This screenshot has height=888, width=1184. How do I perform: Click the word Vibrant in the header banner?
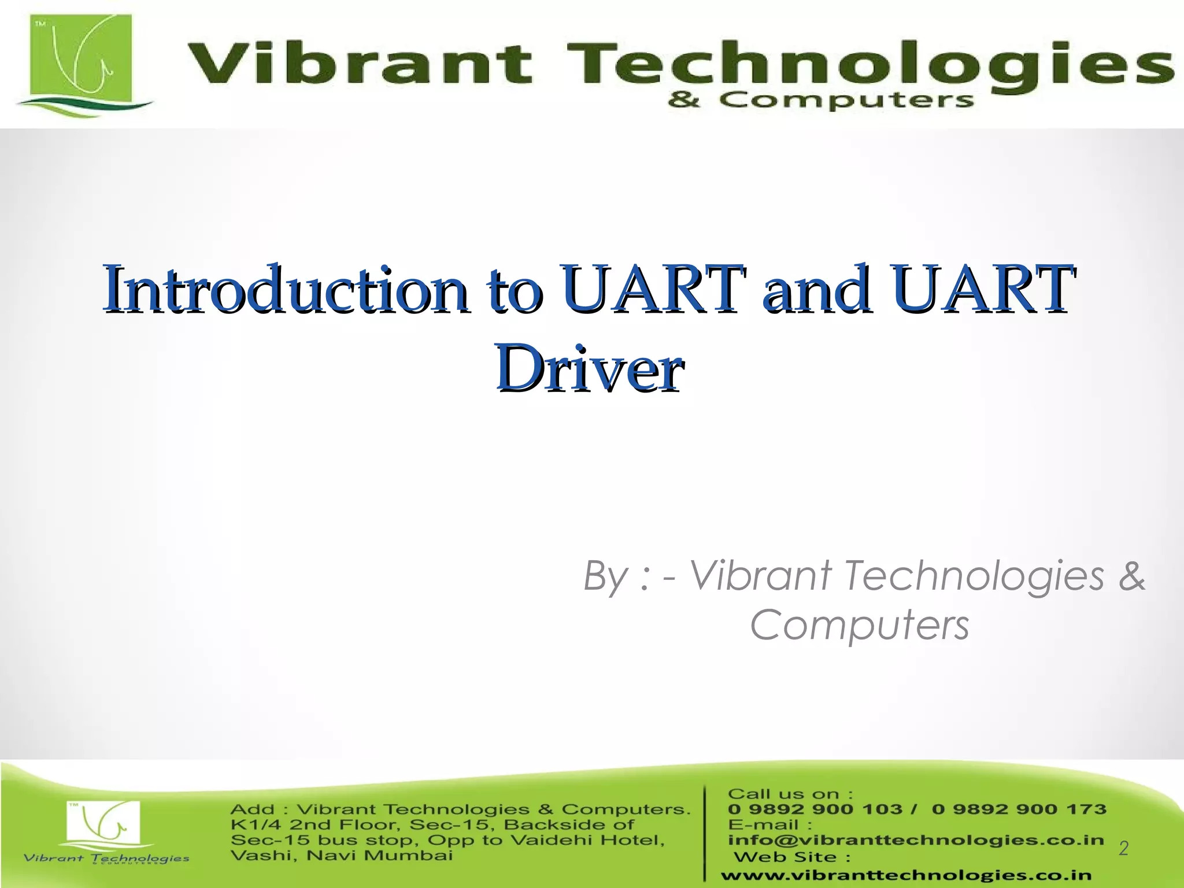pos(358,64)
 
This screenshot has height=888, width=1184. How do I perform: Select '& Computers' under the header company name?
pos(821,101)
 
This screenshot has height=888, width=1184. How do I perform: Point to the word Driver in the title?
pos(590,369)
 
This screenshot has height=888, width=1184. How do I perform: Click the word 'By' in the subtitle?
pos(605,576)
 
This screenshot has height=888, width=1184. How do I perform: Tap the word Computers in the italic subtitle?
pos(859,626)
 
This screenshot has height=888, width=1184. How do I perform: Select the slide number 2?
pos(1123,848)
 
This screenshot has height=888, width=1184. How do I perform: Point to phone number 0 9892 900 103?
pos(815,809)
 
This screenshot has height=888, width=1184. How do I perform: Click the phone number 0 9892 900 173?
pos(1019,809)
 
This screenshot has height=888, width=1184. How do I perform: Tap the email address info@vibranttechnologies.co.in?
pos(916,839)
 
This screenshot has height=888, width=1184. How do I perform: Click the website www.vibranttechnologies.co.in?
pos(906,876)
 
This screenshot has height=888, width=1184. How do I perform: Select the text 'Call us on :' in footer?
pos(790,794)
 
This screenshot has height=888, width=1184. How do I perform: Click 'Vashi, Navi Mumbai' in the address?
pos(341,855)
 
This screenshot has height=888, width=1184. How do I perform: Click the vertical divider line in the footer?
pos(705,832)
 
